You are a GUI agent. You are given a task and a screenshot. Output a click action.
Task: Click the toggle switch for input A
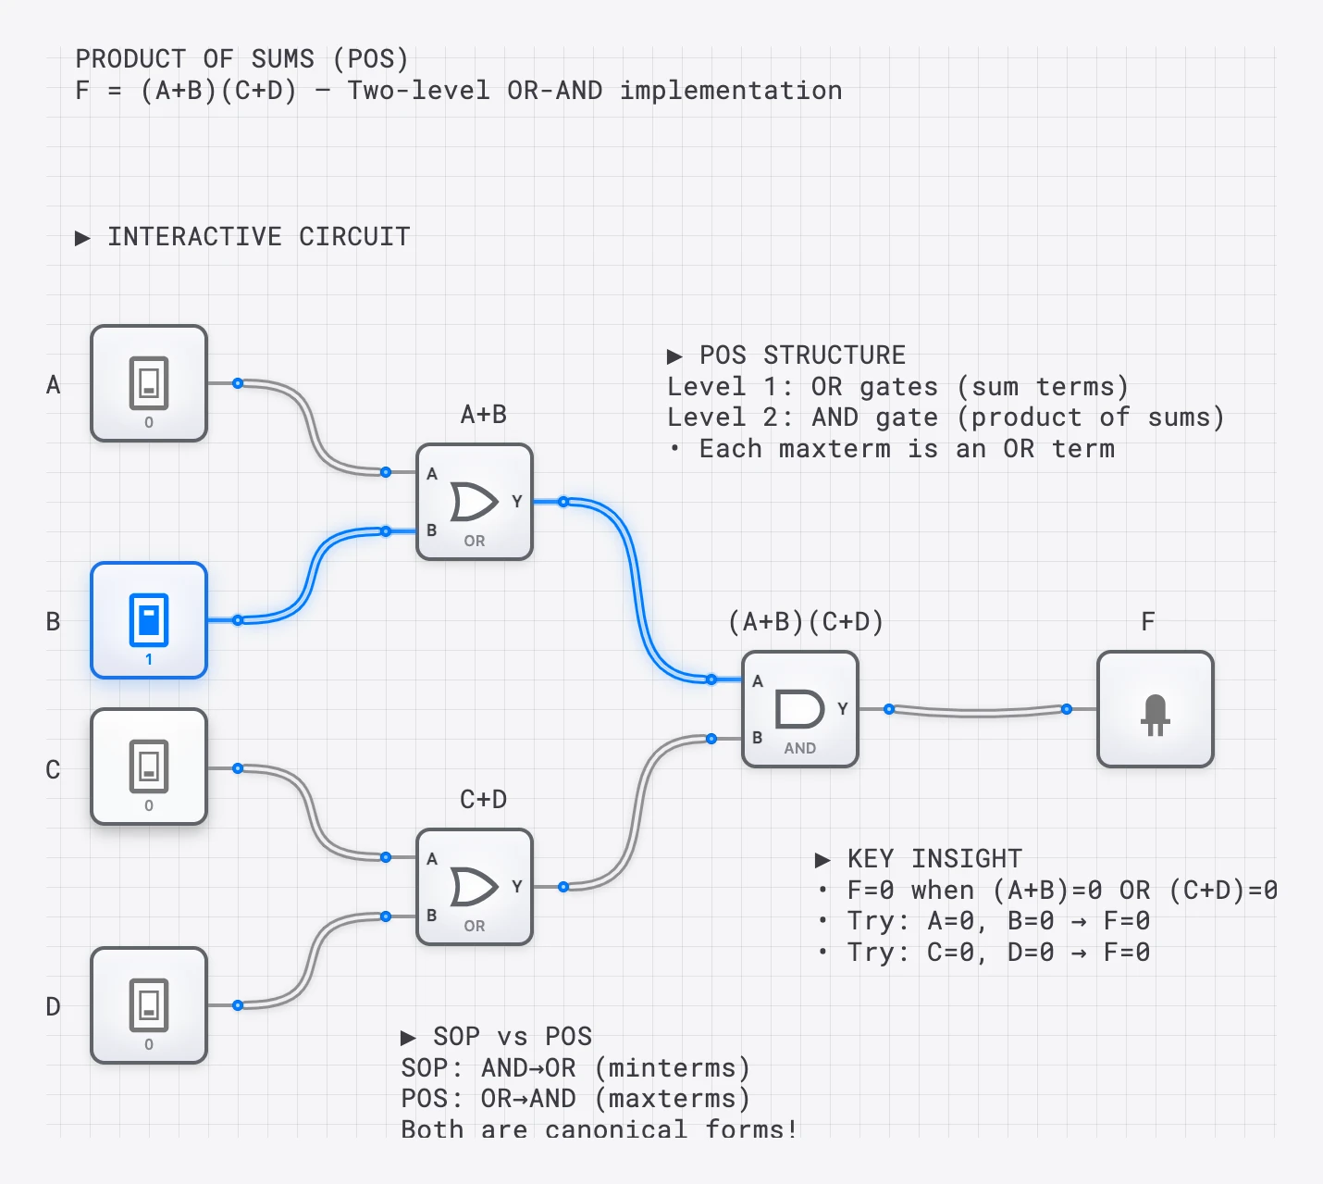click(x=148, y=382)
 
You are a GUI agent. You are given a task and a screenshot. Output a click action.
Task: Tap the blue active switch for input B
click(x=148, y=619)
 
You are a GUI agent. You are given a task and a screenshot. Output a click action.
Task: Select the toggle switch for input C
click(x=148, y=766)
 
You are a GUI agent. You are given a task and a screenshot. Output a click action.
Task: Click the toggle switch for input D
click(x=148, y=1004)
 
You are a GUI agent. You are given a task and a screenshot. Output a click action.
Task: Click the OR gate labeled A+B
click(x=474, y=502)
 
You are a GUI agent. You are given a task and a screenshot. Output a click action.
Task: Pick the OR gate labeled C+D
click(x=474, y=887)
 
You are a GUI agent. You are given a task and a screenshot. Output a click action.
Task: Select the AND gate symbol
click(x=799, y=709)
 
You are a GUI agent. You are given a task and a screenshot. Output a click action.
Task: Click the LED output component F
click(x=1155, y=709)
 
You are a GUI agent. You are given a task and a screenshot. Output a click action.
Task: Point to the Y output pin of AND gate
click(x=888, y=709)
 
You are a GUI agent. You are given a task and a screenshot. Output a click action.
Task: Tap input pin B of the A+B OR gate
click(x=386, y=531)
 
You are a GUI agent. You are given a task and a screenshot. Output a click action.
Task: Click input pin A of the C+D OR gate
click(x=386, y=857)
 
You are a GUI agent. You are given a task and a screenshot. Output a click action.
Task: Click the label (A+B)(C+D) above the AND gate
click(x=806, y=621)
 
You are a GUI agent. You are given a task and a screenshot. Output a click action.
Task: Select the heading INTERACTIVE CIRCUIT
click(x=258, y=237)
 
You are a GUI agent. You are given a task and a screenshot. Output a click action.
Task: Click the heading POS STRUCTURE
click(x=802, y=355)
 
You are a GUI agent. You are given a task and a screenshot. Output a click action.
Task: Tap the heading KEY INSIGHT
click(x=934, y=859)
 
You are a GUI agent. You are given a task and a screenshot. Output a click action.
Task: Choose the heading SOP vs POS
click(x=512, y=1037)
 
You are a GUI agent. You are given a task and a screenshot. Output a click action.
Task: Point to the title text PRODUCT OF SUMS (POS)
click(x=241, y=59)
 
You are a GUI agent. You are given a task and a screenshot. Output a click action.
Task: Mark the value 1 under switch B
click(x=149, y=660)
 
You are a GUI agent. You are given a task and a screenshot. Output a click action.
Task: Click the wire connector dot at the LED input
click(x=1067, y=709)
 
